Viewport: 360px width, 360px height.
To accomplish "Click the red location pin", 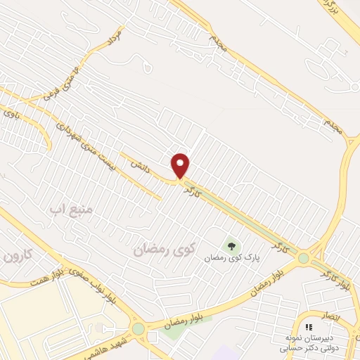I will [181, 165].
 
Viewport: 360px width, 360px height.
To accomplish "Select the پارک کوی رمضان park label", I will [232, 257].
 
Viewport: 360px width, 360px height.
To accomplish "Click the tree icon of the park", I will [231, 245].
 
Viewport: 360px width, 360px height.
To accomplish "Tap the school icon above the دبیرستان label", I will [309, 327].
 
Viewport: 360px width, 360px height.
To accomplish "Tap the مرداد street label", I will [116, 39].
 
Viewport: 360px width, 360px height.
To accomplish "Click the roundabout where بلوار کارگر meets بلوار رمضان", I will [303, 259].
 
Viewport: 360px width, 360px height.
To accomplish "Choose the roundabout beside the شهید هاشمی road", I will [138, 329].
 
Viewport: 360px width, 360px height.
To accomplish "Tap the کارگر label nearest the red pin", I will [193, 188].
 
